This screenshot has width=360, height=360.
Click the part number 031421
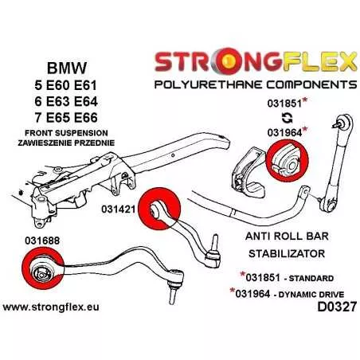(119, 209)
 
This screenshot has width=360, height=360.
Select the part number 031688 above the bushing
(42, 241)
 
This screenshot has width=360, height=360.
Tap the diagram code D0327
(337, 307)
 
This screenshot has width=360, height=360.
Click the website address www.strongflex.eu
(51, 307)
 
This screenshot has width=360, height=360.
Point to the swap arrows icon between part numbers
(287, 118)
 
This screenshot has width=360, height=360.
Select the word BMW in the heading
(67, 68)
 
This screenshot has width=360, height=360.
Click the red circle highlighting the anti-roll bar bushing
(287, 161)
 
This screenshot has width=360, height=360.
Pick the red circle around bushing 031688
(42, 268)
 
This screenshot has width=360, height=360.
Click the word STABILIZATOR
(287, 253)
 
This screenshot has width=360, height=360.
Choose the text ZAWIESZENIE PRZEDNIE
(66, 143)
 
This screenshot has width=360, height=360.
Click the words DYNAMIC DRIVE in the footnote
(311, 295)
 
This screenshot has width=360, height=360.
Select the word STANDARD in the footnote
(311, 278)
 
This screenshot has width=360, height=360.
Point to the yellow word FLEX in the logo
(319, 62)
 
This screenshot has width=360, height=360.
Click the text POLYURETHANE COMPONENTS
(256, 84)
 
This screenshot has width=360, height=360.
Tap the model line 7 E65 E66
(66, 118)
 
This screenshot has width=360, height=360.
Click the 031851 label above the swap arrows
(284, 104)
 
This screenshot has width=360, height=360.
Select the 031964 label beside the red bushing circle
(284, 132)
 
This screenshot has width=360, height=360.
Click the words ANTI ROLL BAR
(287, 236)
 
